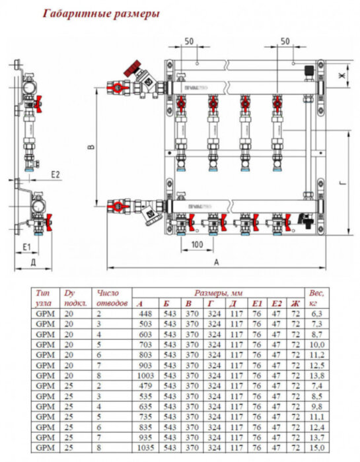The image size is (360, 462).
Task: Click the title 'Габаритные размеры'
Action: click(x=100, y=13)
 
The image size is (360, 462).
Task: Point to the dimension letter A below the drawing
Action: click(x=217, y=262)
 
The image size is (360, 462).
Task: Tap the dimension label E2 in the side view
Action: click(x=56, y=175)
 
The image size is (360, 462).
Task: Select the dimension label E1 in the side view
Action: click(x=26, y=246)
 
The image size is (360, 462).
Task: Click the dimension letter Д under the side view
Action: click(x=33, y=262)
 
